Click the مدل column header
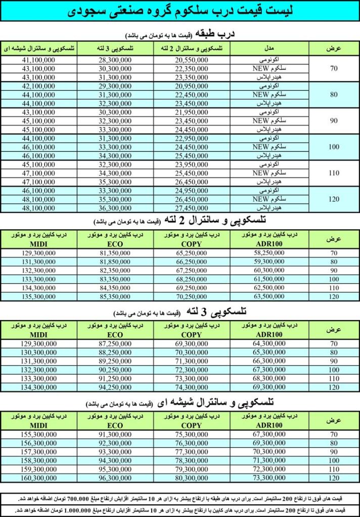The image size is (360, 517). (x=269, y=48)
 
